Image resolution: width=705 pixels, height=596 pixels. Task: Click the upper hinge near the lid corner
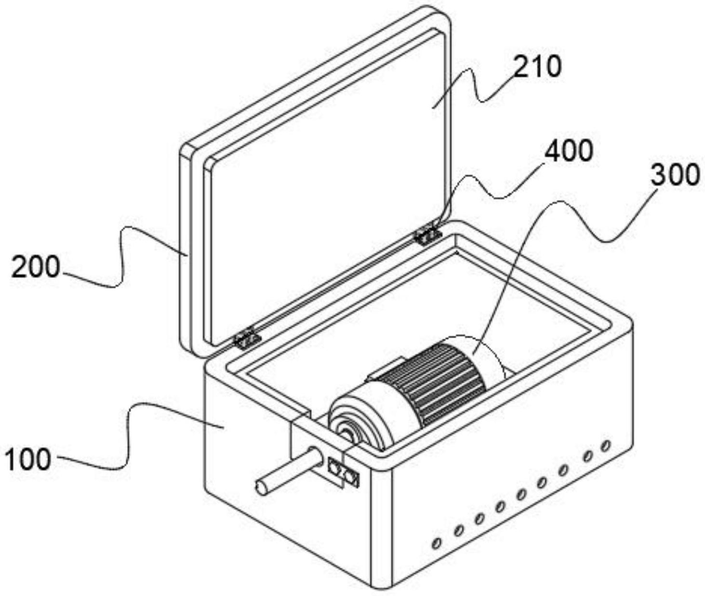click(428, 235)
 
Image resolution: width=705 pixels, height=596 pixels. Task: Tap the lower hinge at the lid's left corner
click(247, 339)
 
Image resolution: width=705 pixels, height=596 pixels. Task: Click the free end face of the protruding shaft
click(262, 489)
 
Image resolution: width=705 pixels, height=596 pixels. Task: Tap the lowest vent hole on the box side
click(436, 544)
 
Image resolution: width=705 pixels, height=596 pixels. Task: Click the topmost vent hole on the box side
click(606, 445)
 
